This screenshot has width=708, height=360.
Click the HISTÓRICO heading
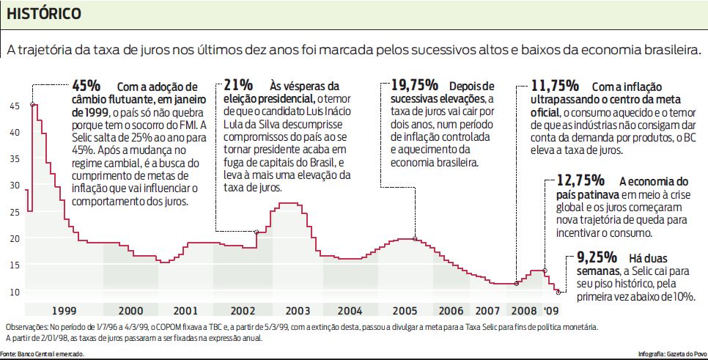click(x=44, y=14)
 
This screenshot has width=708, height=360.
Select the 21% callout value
click(x=239, y=85)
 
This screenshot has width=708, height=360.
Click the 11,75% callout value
click(x=556, y=85)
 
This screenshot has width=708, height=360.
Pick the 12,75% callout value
click(x=580, y=180)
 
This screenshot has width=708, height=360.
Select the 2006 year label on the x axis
click(x=451, y=309)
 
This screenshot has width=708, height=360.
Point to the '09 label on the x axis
click(x=550, y=309)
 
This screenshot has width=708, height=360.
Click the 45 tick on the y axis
click(x=15, y=106)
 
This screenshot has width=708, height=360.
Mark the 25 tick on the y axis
click(x=15, y=212)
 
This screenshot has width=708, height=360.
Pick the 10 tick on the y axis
click(x=15, y=292)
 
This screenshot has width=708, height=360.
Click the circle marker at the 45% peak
click(x=32, y=105)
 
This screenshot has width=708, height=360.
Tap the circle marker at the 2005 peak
click(x=416, y=239)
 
